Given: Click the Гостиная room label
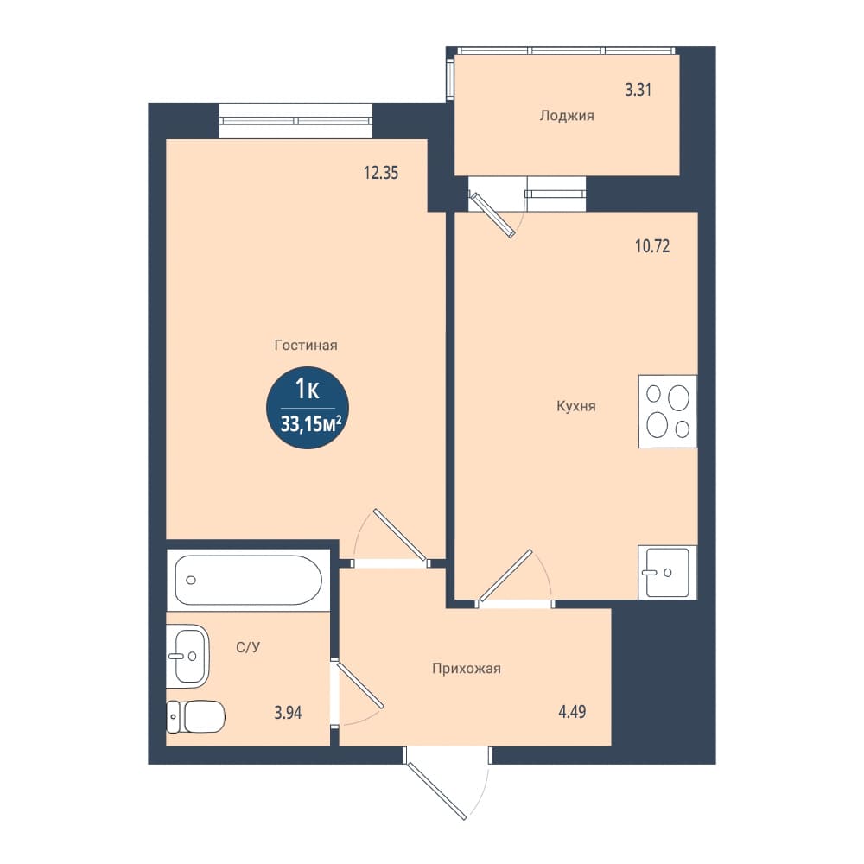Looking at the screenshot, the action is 306,346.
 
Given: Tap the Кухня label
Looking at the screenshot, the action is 575,407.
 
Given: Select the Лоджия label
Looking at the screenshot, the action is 567,116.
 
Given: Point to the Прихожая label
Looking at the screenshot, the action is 467,669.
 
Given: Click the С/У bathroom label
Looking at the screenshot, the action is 248,647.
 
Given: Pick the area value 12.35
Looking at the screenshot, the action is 381,173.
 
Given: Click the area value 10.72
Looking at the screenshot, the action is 652,245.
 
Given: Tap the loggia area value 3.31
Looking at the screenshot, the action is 638,90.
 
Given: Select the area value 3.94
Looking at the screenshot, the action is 289,713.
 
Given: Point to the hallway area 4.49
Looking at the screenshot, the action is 573,712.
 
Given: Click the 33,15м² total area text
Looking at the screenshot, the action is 311,424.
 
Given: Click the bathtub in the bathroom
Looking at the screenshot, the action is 249,580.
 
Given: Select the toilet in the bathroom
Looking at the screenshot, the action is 195,716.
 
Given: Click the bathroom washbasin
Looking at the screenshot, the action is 187,656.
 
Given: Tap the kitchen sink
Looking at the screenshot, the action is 667,572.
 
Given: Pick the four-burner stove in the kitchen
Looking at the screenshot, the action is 668,411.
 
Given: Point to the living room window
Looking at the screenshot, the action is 295,121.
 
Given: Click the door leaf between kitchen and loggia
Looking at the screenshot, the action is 492,215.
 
